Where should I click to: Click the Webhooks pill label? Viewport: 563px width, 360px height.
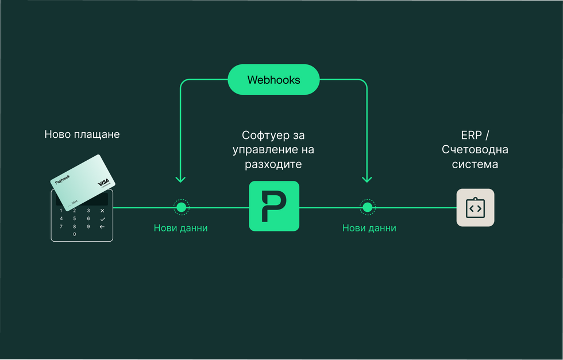coord(273,80)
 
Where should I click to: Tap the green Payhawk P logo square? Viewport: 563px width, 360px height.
coord(274,206)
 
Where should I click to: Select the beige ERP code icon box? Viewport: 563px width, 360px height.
coord(475,207)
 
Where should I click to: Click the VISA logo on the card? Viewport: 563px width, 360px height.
coord(104,181)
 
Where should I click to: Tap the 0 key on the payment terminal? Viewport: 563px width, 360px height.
coord(75,234)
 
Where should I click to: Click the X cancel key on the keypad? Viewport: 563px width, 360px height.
coord(102,211)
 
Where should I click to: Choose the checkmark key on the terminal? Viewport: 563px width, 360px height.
coord(102,219)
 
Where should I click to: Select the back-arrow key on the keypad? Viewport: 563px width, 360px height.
coord(102,227)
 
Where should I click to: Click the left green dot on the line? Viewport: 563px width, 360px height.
coord(181,207)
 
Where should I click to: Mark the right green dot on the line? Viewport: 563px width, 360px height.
coord(367,207)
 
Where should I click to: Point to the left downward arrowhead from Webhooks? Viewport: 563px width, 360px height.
coord(180,179)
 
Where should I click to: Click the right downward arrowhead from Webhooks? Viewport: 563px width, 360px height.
coord(367,179)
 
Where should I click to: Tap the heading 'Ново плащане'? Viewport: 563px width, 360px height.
coord(82,134)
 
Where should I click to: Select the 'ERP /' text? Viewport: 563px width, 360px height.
coord(475,136)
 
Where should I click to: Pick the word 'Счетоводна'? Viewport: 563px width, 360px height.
coord(475,150)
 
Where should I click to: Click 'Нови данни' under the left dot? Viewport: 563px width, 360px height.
coord(180,229)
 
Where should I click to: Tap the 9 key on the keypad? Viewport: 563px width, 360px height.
coord(88,226)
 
